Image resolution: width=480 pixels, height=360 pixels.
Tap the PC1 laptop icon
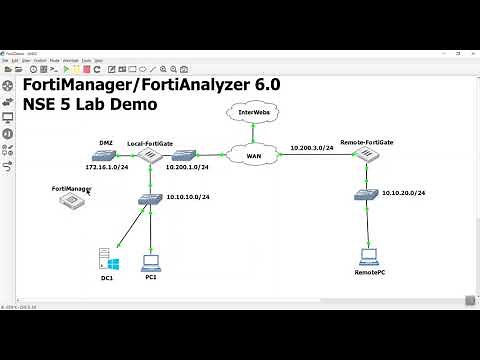[x=151, y=264]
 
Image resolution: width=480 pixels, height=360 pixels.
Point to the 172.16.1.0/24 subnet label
[x=106, y=170]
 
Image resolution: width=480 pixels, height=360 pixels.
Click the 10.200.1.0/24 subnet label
[x=187, y=170]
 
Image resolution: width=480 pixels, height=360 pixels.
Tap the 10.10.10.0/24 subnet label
[x=188, y=197]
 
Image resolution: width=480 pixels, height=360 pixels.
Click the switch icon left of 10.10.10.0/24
[x=151, y=199]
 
